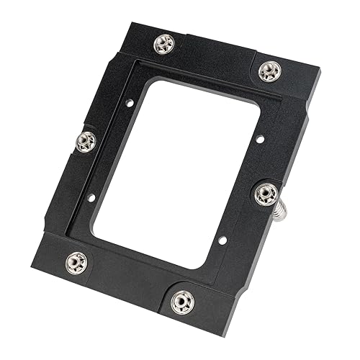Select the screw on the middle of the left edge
pos(86,140)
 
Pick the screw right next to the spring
pos(265,193)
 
